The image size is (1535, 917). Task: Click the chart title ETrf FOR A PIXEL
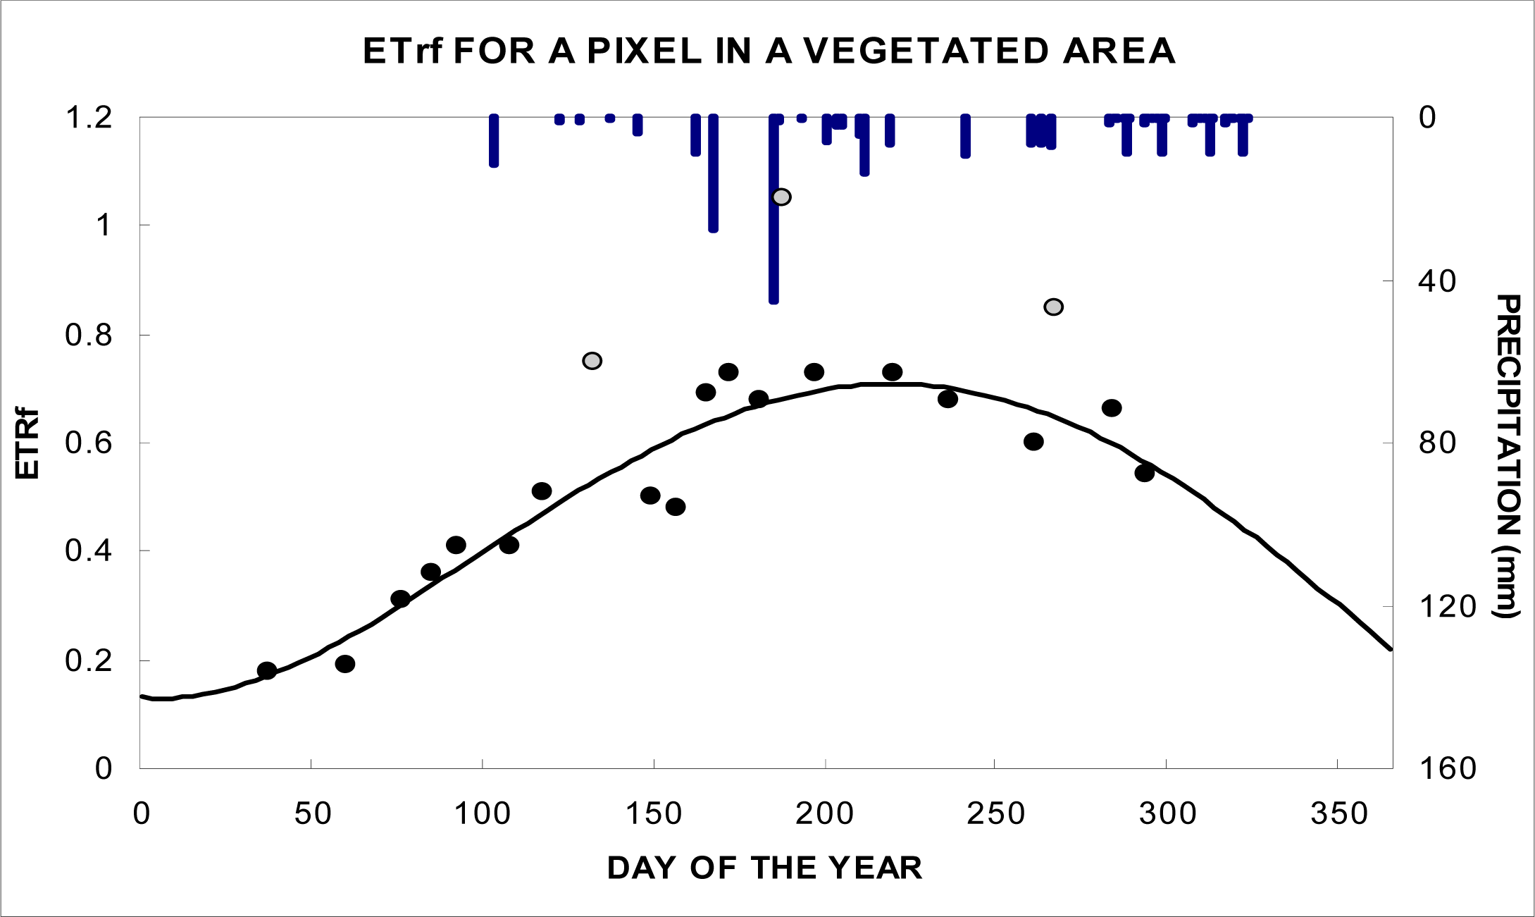(x=769, y=51)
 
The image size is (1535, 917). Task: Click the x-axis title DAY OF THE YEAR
(x=764, y=868)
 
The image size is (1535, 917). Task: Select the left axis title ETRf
(x=27, y=443)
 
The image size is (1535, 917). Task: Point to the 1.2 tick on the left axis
(x=89, y=118)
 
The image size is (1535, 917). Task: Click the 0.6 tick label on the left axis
(x=89, y=443)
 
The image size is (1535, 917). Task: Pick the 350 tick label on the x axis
(x=1338, y=814)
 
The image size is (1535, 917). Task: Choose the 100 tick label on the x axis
(x=483, y=814)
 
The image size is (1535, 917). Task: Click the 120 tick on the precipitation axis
(x=1446, y=606)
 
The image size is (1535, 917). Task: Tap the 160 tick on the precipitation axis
(x=1446, y=768)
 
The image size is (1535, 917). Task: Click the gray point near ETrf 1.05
(x=781, y=197)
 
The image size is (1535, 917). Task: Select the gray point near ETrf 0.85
(x=1053, y=307)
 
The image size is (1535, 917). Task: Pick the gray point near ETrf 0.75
(x=592, y=361)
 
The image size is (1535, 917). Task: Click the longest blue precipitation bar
(x=773, y=211)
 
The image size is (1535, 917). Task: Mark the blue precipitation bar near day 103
(x=494, y=141)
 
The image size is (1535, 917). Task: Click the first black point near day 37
(x=267, y=670)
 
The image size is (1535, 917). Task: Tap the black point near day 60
(x=344, y=664)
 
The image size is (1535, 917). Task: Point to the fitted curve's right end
(x=1390, y=648)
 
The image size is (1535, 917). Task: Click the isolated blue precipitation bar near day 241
(x=965, y=137)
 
